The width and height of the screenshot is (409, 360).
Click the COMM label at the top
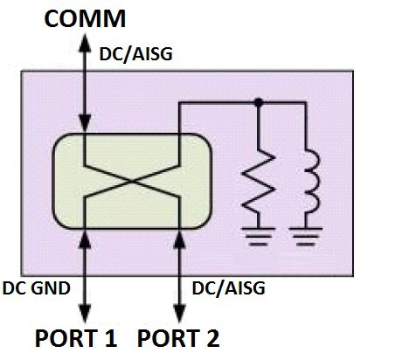point(85,18)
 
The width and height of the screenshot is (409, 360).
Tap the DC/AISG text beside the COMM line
point(136,54)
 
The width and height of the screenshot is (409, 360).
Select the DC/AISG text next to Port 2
point(229,288)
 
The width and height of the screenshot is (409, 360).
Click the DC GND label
point(37,288)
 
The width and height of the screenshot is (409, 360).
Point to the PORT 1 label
point(76,338)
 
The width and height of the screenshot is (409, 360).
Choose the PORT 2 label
point(178,338)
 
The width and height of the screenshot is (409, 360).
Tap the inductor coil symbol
point(311,182)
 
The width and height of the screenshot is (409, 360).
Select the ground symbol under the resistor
point(258,237)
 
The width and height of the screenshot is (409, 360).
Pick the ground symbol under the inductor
point(306,237)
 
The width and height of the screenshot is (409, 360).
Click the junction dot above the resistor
point(259,102)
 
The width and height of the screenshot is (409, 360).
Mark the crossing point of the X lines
point(132,182)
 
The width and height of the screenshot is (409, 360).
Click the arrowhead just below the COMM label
point(85,43)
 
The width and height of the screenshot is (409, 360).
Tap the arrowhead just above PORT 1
point(85,314)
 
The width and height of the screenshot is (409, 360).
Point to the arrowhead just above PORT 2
point(179,314)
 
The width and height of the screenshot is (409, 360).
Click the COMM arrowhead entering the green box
point(85,124)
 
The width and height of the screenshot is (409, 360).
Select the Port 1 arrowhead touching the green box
point(85,239)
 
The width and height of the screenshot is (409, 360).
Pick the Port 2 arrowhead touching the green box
point(179,239)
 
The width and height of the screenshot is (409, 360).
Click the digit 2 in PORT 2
point(212,338)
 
